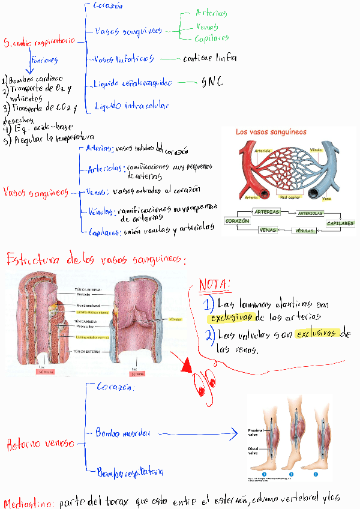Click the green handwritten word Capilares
click(212, 39)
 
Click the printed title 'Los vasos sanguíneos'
click(271, 131)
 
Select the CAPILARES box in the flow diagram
click(340, 223)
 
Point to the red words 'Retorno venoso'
click(40, 444)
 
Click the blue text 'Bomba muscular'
click(123, 433)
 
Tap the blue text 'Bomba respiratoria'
click(130, 472)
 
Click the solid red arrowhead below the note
click(187, 364)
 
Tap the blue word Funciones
click(46, 60)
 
